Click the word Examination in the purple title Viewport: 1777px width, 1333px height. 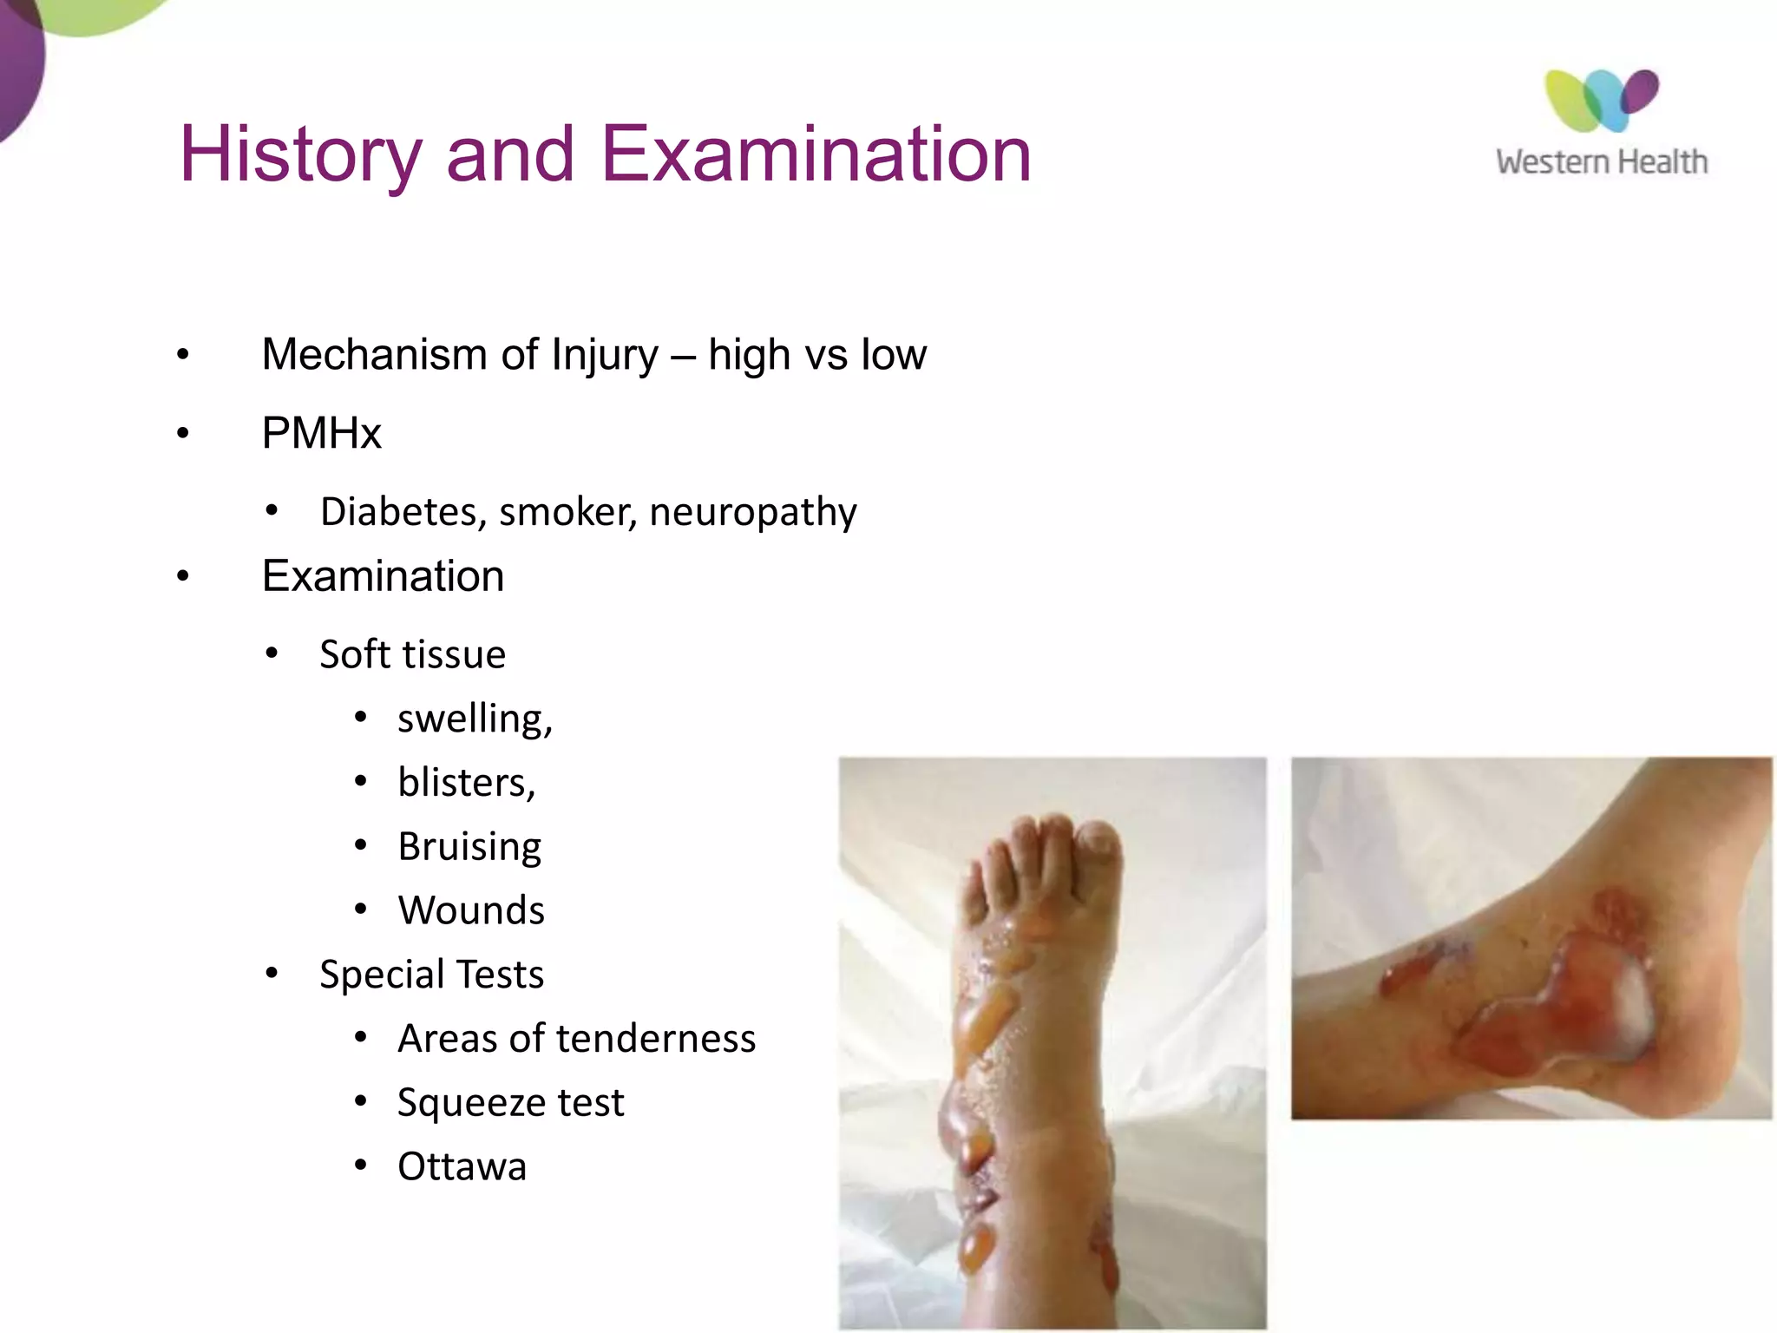(x=816, y=154)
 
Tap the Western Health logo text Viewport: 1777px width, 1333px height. (x=1602, y=162)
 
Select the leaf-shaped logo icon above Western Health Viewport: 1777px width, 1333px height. (x=1601, y=101)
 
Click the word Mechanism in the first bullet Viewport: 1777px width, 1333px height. (x=374, y=355)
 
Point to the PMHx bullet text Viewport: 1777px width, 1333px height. (x=322, y=433)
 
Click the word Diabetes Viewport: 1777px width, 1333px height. (x=403, y=512)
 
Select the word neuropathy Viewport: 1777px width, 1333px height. (x=753, y=512)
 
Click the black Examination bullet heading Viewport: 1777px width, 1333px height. (x=383, y=576)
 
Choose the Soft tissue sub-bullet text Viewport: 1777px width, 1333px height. (x=412, y=654)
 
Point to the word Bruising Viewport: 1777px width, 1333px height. (x=469, y=847)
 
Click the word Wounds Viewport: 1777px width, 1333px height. (x=471, y=910)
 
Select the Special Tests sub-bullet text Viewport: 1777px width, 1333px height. (x=431, y=975)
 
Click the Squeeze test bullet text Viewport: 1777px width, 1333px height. (x=510, y=1103)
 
